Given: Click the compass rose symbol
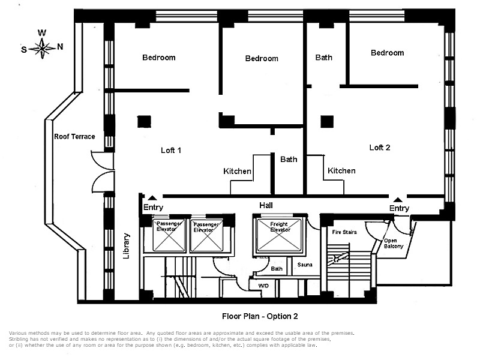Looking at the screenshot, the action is coord(43,47).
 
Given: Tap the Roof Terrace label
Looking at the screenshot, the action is coord(74,137).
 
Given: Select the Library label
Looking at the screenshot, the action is coord(127,246).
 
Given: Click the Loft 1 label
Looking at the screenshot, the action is coord(171,150).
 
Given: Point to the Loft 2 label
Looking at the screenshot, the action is coord(380,147).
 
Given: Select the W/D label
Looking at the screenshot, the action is coord(264,286).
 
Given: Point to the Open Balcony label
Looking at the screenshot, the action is coord(393,244).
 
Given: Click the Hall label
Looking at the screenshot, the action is coord(266,205).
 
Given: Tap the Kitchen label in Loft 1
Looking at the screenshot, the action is coord(238,171).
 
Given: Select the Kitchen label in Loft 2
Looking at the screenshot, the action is coord(341,170).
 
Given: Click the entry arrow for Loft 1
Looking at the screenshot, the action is coord(153,197).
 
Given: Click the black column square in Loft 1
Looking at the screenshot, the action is coord(143,121).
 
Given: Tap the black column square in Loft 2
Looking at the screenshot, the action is coord(326,121).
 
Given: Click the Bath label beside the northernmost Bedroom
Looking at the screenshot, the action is coord(324,58).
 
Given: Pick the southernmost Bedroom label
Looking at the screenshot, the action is coord(159,58).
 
